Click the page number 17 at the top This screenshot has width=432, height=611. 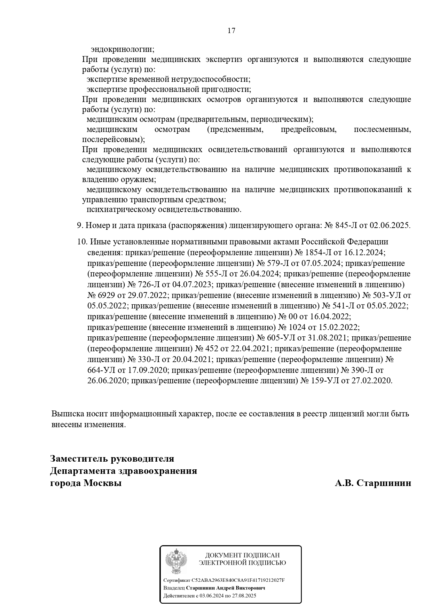(x=231, y=31)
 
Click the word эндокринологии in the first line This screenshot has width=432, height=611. (x=122, y=49)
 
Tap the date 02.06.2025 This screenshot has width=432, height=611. (x=390, y=226)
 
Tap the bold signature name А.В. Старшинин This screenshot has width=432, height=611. (x=373, y=483)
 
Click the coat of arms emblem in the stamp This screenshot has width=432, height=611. (x=176, y=561)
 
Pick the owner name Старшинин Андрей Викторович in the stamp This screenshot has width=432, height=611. (x=225, y=588)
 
